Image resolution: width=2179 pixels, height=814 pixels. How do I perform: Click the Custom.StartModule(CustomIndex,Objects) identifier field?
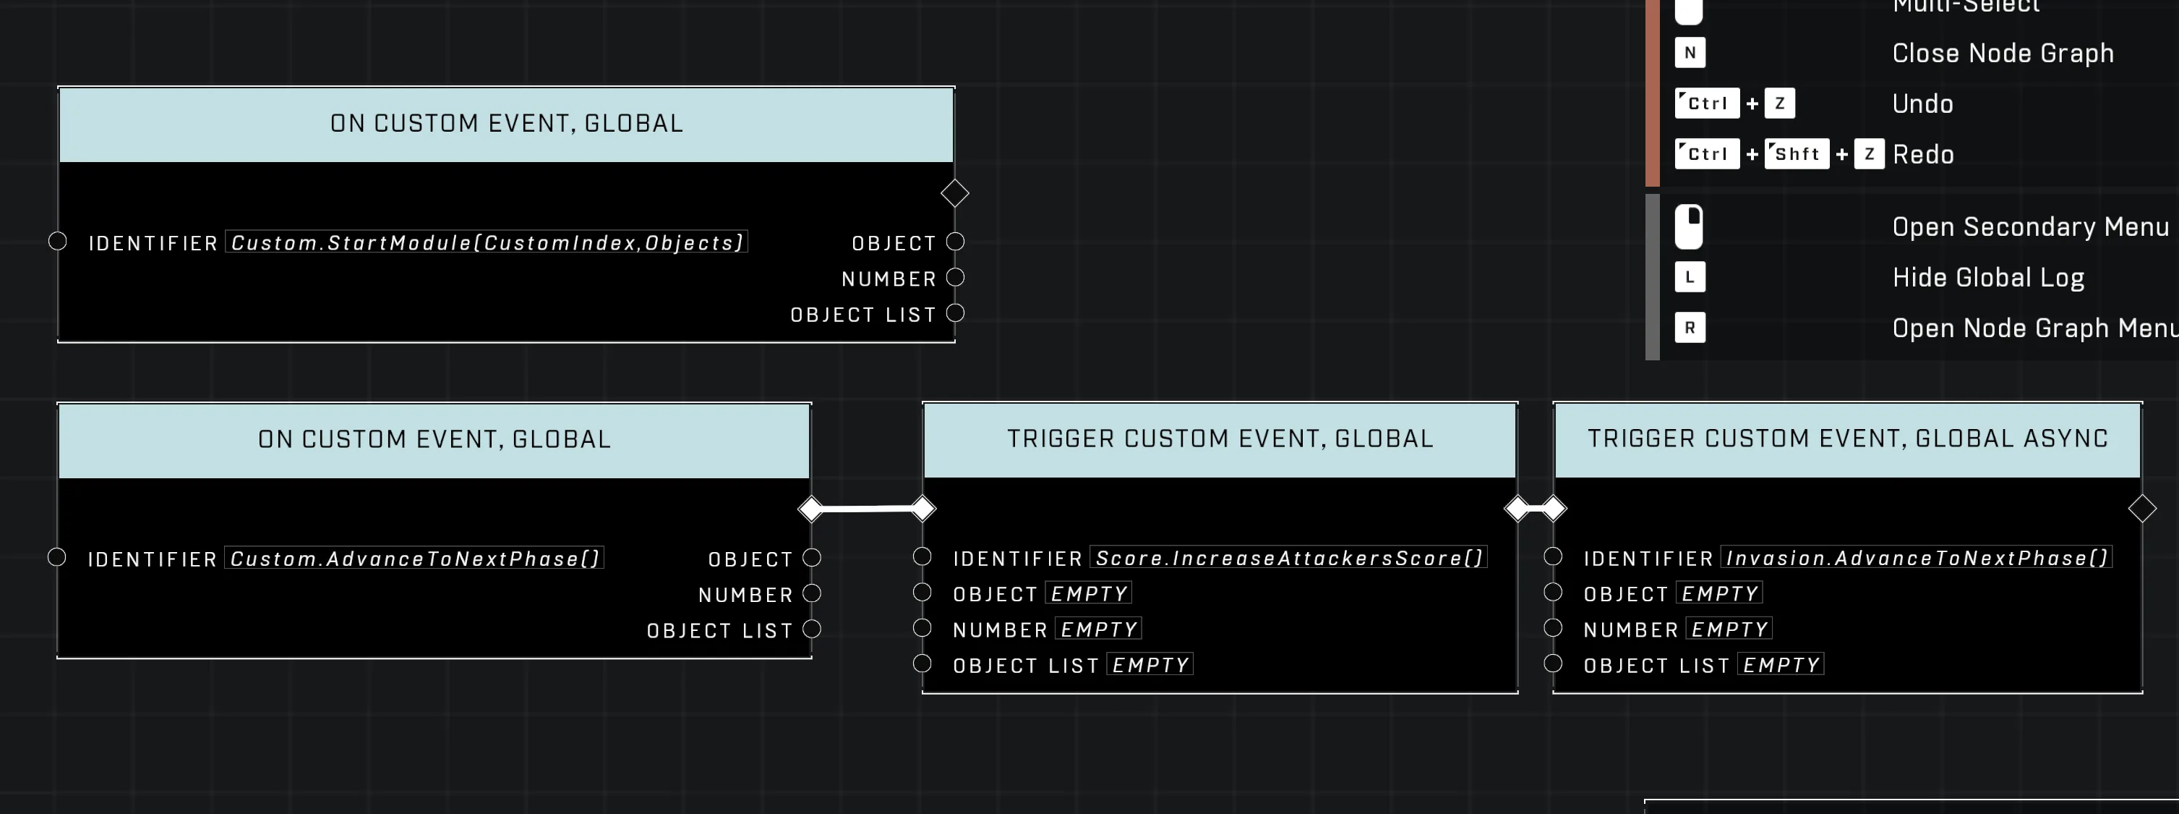tap(487, 243)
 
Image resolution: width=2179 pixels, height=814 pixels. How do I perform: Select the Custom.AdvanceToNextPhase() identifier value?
tap(414, 559)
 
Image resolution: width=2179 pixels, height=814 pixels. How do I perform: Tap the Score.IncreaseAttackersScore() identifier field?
tap(1289, 558)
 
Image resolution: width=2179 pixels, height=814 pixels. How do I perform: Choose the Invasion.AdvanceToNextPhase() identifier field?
tap(1917, 558)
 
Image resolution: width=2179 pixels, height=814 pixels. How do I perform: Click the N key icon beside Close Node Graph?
tap(1690, 53)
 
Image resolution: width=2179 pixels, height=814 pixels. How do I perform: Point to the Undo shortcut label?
tap(1922, 103)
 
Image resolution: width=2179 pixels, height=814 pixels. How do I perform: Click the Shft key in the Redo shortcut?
tap(1797, 154)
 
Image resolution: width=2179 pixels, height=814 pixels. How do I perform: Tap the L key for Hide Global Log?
tap(1690, 276)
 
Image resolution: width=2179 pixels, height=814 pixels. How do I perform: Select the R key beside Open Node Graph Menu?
tap(1690, 328)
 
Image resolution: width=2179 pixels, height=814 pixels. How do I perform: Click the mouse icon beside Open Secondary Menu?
tap(1688, 226)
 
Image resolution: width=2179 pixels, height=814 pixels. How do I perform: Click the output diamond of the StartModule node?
tap(955, 193)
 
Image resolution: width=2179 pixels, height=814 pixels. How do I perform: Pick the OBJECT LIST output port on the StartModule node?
tap(955, 313)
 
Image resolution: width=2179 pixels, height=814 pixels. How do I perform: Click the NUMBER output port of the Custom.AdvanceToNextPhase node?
tap(812, 593)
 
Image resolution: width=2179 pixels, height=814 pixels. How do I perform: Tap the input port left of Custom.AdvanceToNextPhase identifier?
tap(56, 556)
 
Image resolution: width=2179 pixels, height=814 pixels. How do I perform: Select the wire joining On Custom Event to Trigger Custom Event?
tap(867, 509)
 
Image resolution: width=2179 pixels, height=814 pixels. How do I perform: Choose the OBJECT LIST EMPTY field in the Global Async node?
tap(1781, 664)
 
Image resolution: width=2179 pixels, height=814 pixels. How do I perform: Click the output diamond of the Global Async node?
tap(2142, 509)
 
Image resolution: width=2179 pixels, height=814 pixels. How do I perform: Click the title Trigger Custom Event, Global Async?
tap(1847, 438)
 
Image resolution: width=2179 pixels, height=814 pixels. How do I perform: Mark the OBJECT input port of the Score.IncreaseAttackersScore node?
tap(922, 593)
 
